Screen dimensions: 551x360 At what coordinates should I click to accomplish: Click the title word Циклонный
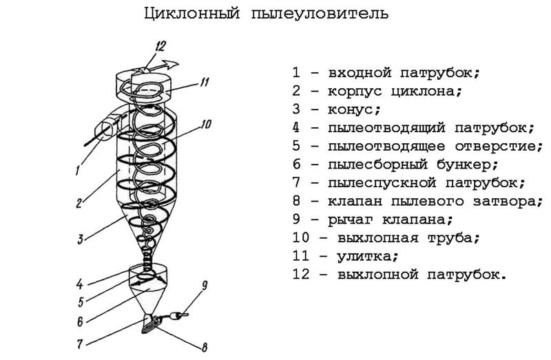pyautogui.click(x=192, y=14)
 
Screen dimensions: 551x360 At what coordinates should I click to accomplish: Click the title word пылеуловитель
pyautogui.click(x=320, y=14)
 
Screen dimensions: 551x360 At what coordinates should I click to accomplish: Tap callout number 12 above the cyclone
pyautogui.click(x=160, y=47)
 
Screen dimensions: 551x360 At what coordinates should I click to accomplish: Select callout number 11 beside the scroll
pyautogui.click(x=204, y=82)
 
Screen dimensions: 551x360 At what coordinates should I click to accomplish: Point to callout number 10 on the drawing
pyautogui.click(x=206, y=125)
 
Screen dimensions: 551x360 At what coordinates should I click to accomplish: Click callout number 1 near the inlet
pyautogui.click(x=78, y=171)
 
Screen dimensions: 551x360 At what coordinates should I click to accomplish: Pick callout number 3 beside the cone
pyautogui.click(x=81, y=240)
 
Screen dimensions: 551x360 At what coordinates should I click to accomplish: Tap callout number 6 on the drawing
pyautogui.click(x=81, y=321)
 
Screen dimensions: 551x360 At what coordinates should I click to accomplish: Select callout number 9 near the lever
pyautogui.click(x=204, y=286)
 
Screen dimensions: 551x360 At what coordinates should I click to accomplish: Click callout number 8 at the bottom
pyautogui.click(x=204, y=347)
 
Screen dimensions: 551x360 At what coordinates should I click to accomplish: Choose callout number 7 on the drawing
pyautogui.click(x=81, y=343)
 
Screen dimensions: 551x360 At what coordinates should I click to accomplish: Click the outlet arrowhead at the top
pyautogui.click(x=171, y=64)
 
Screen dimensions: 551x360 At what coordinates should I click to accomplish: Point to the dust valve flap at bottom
pyautogui.click(x=150, y=324)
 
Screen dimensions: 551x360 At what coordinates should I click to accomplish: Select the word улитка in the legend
pyautogui.click(x=364, y=255)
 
